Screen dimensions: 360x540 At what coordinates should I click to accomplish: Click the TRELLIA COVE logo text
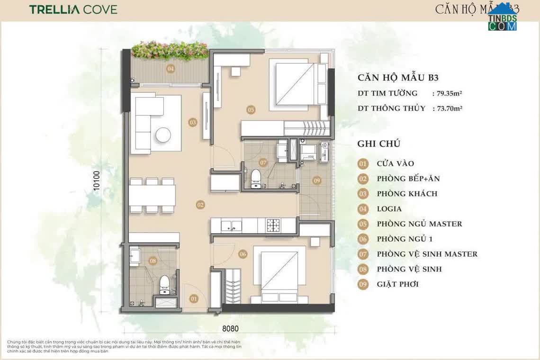coord(73,9)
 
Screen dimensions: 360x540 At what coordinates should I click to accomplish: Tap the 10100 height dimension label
coord(97,180)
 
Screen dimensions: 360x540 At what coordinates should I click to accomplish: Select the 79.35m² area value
coord(447,93)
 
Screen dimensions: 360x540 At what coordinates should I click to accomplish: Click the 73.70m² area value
coord(447,108)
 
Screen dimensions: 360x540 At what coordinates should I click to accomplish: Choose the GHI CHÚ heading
coord(379,143)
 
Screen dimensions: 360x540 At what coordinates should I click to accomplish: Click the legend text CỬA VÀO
coord(395,164)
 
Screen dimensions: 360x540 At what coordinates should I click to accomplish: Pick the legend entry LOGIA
coord(389,208)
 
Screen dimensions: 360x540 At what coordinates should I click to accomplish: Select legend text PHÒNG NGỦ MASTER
coord(419,224)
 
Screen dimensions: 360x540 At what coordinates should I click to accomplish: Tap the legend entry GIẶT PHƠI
coord(397,284)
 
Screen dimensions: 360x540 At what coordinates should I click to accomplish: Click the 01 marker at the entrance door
coord(194,299)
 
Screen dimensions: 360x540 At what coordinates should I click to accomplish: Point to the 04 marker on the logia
coord(171,69)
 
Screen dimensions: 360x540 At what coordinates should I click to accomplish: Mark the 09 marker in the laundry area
coord(316,180)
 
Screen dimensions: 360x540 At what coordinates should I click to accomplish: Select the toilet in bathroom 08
coord(164,283)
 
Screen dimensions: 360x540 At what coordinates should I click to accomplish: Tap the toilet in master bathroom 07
coord(256,178)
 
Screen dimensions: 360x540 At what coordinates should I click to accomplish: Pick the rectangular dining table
coord(152,195)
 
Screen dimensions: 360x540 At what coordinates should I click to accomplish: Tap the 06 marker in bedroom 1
coord(243,254)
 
